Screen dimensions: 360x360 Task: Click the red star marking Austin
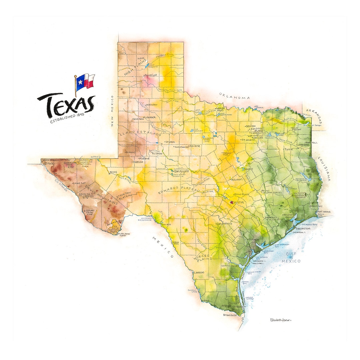(232, 202)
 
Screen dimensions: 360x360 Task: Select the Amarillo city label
(150, 75)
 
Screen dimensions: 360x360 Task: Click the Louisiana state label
(324, 168)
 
